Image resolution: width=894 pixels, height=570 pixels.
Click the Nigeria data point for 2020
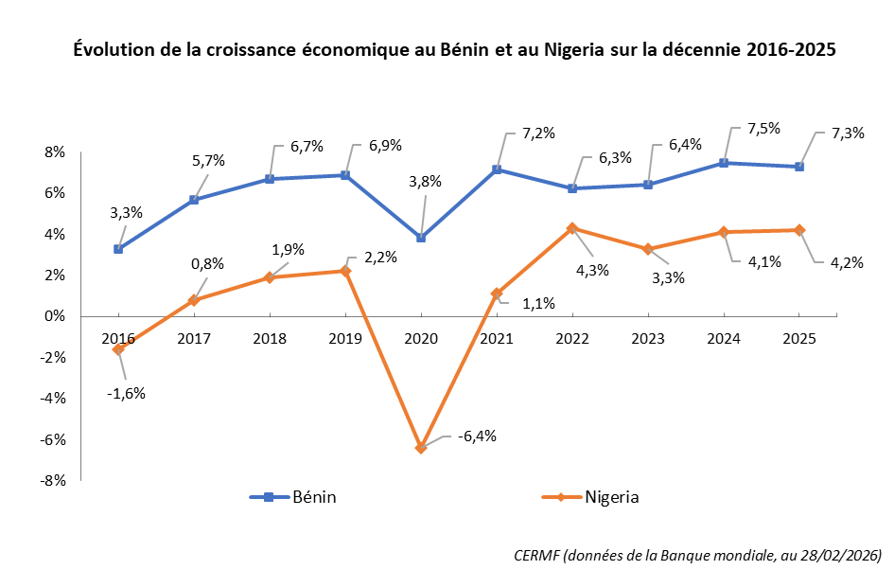coord(421,447)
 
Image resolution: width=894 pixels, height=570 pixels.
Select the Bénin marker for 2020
coord(421,238)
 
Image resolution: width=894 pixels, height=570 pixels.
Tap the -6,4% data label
coord(477,436)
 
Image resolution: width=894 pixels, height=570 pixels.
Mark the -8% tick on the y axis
coord(52,481)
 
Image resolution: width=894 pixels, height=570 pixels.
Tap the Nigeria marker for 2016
coord(118,349)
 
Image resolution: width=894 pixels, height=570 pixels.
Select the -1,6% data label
coord(126,393)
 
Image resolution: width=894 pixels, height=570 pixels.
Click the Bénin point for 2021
coord(497,169)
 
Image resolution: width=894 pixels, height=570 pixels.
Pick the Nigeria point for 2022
coord(572,228)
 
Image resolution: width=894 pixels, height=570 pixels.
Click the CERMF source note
coord(698,554)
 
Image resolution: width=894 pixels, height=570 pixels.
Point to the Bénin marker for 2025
coord(799,167)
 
